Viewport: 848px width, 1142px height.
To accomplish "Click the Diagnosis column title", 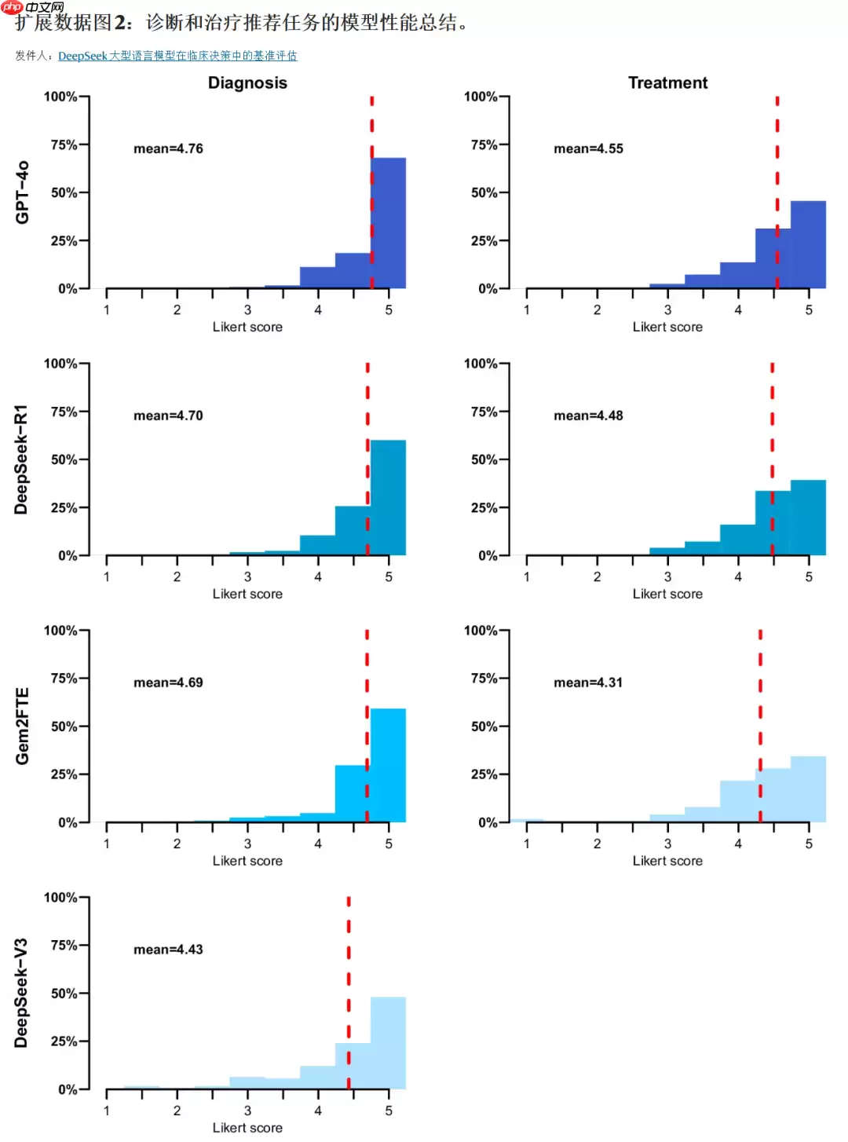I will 247,83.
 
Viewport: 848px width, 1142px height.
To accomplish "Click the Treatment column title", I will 667,83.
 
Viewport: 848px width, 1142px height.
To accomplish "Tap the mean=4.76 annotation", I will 168,148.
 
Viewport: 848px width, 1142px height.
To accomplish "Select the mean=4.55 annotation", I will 588,148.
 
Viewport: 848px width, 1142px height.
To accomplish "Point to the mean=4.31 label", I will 588,683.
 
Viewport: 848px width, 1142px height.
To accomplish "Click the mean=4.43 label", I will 168,950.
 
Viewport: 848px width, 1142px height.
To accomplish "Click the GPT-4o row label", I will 22,192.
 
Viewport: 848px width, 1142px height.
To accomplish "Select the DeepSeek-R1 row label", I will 21,459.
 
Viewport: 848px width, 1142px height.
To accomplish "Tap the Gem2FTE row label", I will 22,727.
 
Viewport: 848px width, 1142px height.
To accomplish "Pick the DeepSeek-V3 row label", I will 21,994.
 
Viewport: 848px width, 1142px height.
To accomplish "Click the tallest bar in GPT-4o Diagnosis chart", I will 389,224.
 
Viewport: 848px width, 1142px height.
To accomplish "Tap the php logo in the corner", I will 13,7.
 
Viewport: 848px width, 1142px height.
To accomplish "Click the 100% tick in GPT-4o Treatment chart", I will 481,97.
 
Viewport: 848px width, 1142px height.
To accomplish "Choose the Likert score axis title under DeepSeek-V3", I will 247,1128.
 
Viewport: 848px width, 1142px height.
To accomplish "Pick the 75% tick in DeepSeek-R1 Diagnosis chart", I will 64,412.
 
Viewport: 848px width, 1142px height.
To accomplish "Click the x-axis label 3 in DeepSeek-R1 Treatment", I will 667,576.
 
